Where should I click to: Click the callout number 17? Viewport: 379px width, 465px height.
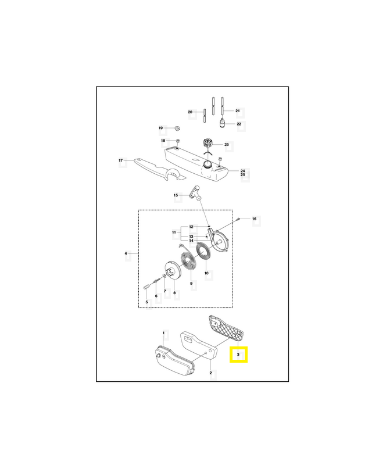click(x=121, y=160)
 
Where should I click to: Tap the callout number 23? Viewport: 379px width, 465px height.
click(x=227, y=144)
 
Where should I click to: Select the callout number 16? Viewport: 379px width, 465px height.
click(x=254, y=219)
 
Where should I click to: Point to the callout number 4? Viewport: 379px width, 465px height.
click(x=126, y=253)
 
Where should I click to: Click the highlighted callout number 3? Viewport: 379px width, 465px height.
click(x=238, y=354)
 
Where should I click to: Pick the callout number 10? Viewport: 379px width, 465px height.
click(x=206, y=273)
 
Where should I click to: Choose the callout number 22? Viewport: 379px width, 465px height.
click(x=239, y=124)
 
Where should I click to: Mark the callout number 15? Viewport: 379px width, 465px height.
click(x=176, y=195)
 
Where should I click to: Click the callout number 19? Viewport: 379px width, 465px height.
click(x=161, y=128)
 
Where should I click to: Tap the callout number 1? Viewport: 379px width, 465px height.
click(x=163, y=333)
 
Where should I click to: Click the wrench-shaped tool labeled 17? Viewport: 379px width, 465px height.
click(x=160, y=170)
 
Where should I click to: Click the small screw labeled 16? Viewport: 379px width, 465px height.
click(x=238, y=219)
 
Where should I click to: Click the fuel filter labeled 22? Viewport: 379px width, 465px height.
click(x=222, y=123)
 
